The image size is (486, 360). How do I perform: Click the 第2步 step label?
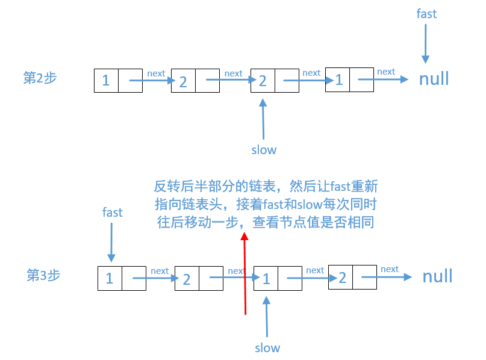[40, 78]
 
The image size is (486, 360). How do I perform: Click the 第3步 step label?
[43, 275]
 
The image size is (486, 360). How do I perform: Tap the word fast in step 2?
[426, 13]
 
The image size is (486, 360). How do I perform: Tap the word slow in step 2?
[264, 149]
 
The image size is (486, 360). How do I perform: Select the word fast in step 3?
[112, 212]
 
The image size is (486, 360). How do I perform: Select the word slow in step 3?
[267, 347]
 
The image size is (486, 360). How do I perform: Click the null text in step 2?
[434, 79]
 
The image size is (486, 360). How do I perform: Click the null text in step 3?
[437, 276]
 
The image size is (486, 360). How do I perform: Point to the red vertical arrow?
[245, 274]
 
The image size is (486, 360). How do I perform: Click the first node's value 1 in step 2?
[106, 80]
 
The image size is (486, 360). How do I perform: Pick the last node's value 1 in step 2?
[339, 79]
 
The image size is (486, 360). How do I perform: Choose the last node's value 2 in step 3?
[342, 277]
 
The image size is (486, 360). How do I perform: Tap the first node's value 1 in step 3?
[110, 278]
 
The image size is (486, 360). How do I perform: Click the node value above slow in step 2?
[263, 81]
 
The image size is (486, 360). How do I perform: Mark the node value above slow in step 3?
[266, 278]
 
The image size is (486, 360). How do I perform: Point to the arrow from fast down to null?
[426, 42]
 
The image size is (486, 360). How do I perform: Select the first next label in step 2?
[156, 73]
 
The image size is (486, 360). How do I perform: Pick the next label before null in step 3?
[390, 269]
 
